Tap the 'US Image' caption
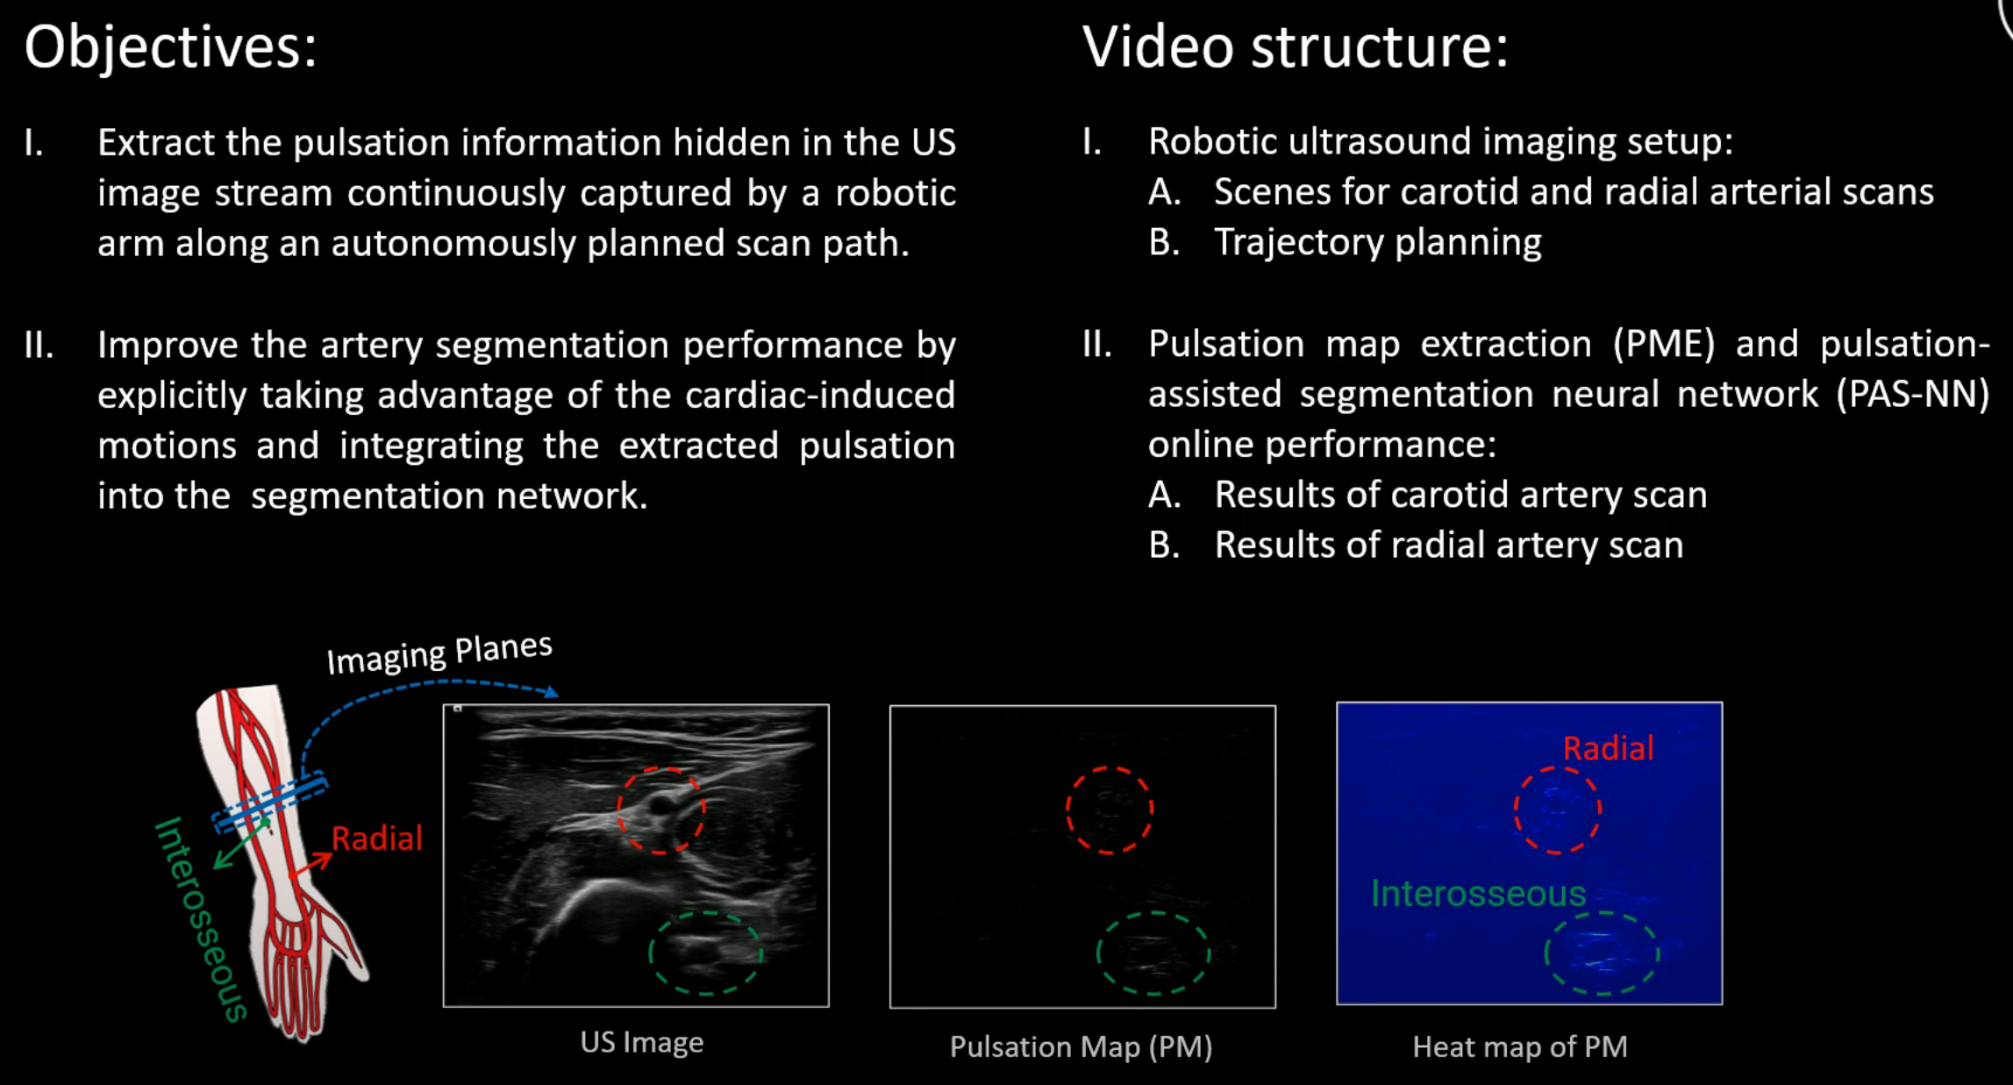tap(641, 1042)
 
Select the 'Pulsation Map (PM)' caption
tap(1081, 1046)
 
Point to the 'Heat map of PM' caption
tap(1519, 1046)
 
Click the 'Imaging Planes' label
tap(439, 653)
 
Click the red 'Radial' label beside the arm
tap(377, 839)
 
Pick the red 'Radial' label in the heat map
tap(1608, 748)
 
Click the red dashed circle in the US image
tap(661, 810)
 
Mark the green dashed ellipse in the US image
tap(705, 953)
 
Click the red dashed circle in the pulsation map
tap(1109, 810)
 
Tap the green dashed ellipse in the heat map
tap(1601, 953)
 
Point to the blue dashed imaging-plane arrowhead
tap(551, 693)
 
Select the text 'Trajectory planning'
tap(1377, 243)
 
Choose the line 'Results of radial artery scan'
tap(1448, 546)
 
